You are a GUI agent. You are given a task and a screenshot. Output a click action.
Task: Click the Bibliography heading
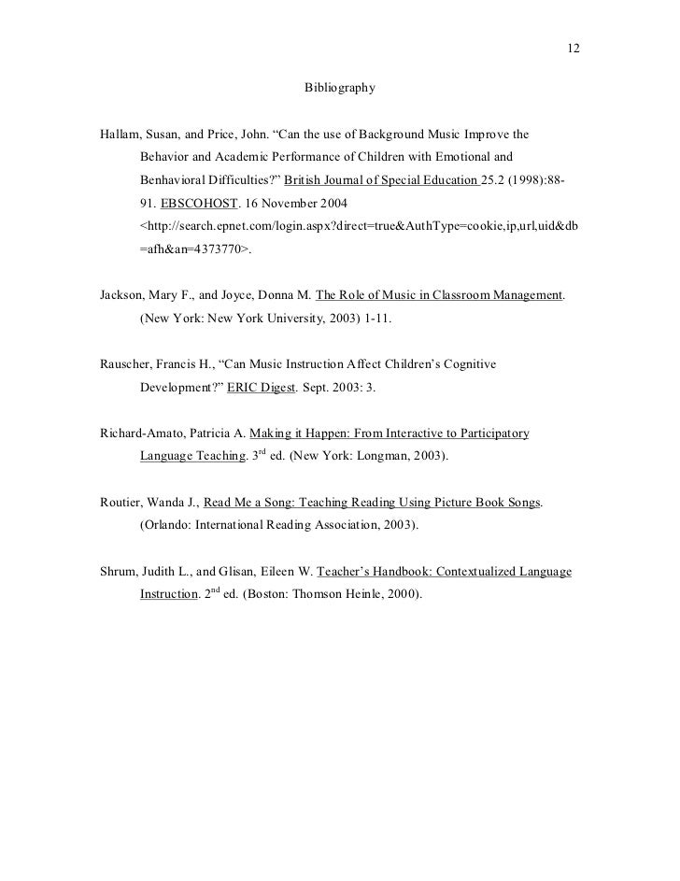(x=340, y=89)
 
